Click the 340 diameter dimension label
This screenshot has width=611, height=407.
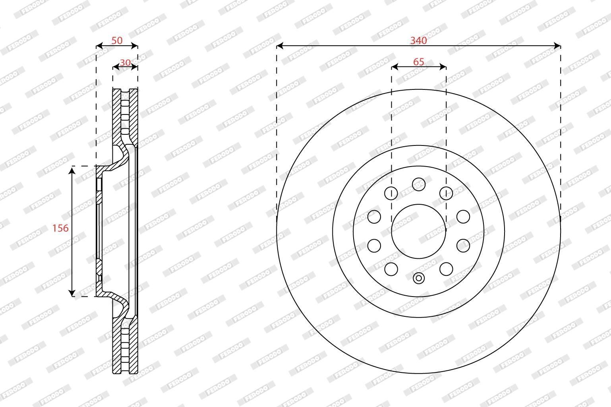pos(418,41)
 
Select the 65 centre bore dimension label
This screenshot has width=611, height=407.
pos(418,62)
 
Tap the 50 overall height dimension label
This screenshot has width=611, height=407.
pos(117,41)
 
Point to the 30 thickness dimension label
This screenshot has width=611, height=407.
pos(125,63)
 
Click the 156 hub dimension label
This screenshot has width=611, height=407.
pos(60,228)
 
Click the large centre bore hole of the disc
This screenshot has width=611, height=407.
pos(419,231)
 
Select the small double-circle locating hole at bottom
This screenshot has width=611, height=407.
pos(419,279)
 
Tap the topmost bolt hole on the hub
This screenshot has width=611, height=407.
pos(419,184)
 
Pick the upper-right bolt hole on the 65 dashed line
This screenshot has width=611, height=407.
pos(446,193)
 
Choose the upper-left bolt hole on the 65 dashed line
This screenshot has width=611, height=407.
pos(391,193)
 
